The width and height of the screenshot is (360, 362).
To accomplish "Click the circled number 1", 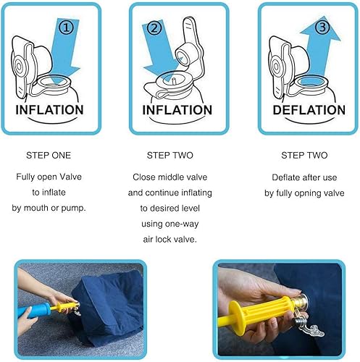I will tap(66, 28).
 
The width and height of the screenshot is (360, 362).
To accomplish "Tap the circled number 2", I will tap(154, 29).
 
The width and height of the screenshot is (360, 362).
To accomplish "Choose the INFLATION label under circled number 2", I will tap(177, 110).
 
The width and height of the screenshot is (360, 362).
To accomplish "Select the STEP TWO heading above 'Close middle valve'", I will tap(177, 156).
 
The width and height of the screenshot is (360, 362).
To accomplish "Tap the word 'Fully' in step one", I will tap(28, 177).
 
